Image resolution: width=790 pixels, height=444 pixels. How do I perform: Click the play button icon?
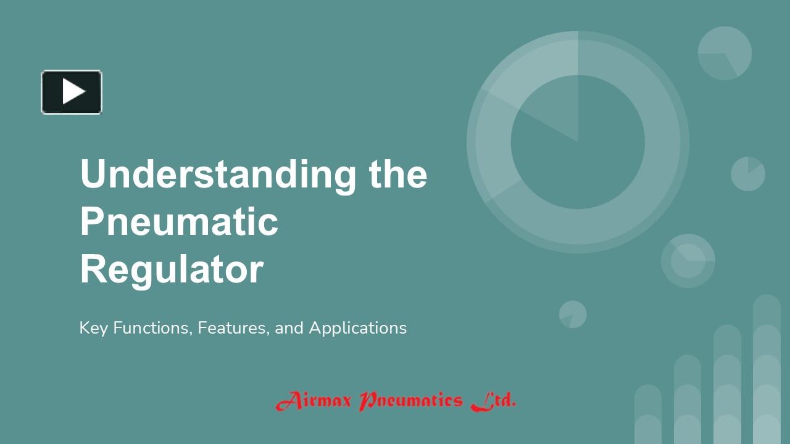pos(72,92)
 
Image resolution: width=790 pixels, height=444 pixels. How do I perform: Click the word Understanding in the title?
pos(218,174)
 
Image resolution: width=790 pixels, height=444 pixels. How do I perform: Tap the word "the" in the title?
pos(398,174)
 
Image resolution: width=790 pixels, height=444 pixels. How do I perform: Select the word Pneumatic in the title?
pos(179,222)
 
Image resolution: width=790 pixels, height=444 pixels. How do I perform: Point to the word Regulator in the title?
pos(172,270)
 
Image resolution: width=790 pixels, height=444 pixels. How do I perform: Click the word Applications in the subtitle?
pos(357,328)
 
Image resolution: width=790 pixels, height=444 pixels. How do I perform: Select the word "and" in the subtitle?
pos(289,328)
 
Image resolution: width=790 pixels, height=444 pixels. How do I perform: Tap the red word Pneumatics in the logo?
pos(410,401)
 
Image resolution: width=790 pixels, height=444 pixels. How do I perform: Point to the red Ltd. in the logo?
pos(493,401)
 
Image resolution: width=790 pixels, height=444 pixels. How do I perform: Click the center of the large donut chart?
pos(578,142)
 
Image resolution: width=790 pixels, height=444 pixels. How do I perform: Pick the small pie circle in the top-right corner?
pos(725,53)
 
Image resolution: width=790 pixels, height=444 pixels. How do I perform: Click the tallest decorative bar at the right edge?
pos(767,370)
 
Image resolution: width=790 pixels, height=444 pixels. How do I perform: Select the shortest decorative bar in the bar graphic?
pos(648,414)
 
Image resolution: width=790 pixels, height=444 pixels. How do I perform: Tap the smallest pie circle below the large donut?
pos(573,314)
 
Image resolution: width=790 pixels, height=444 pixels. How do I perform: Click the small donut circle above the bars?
pos(688,261)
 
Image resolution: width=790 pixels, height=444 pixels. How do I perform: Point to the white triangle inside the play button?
pos(73,92)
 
